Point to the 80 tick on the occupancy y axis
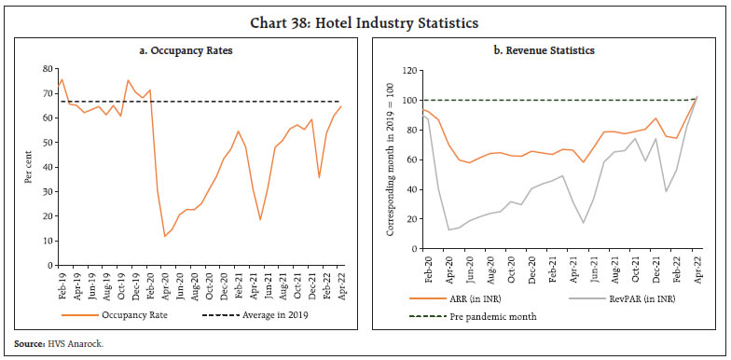coord(47,69)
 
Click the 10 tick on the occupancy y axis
coord(47,241)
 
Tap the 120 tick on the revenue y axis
coord(407,70)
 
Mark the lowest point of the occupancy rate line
coord(165,236)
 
